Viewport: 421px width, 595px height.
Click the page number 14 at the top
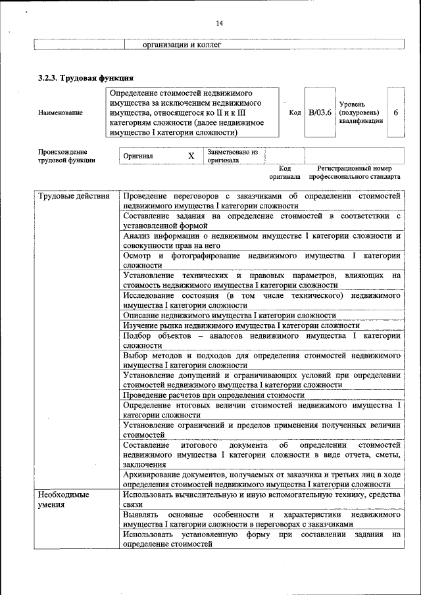click(x=220, y=24)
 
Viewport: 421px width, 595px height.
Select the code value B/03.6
click(x=320, y=112)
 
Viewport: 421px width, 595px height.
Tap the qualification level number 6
click(x=395, y=112)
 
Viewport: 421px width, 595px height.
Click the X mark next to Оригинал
click(x=191, y=156)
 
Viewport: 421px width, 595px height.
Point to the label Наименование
click(x=61, y=112)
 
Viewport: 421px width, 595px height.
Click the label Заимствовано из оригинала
click(x=232, y=156)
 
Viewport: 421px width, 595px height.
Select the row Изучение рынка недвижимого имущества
click(x=241, y=325)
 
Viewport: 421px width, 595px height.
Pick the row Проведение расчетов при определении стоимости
click(x=213, y=395)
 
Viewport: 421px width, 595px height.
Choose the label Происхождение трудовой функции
click(x=66, y=156)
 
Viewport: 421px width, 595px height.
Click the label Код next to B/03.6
click(x=295, y=112)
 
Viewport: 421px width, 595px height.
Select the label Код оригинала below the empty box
click(x=284, y=172)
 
